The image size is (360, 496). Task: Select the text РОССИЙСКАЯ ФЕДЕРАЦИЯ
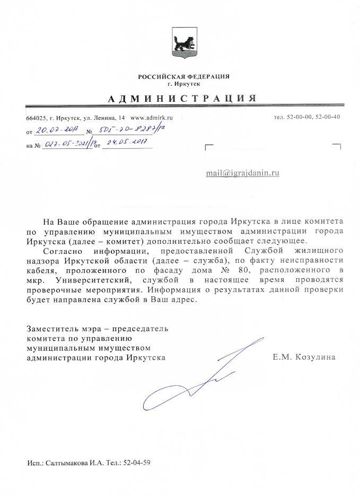(x=183, y=77)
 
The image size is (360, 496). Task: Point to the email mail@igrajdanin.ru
(x=243, y=173)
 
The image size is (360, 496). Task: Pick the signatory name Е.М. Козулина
(x=304, y=358)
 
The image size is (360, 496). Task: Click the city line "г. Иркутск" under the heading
(x=183, y=84)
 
